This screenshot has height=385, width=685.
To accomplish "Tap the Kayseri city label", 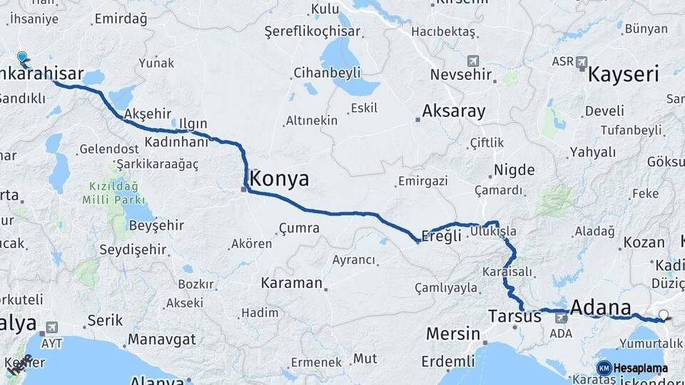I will [622, 74].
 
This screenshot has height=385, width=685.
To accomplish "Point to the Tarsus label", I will [514, 315].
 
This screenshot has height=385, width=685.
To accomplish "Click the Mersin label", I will [452, 333].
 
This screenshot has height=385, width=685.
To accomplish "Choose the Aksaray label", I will [453, 111].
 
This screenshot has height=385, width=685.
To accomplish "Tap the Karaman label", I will [292, 282].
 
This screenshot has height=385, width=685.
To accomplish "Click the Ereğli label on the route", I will [442, 236].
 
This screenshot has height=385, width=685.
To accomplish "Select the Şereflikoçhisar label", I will [313, 32].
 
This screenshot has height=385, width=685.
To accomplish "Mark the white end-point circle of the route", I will [664, 315].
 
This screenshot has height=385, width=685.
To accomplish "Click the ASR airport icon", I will [582, 62].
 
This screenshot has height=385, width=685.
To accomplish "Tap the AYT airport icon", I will [51, 329].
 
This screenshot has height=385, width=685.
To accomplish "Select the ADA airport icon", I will [561, 318].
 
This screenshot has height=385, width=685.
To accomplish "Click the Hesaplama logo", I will [631, 368].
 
